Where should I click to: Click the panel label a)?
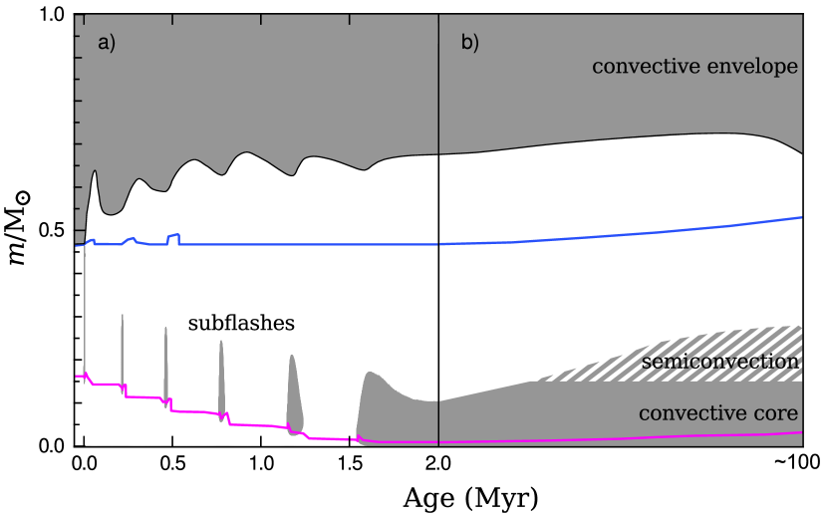(107, 43)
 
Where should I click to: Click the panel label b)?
(469, 43)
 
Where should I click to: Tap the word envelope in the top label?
(759, 67)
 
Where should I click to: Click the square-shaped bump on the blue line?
(174, 238)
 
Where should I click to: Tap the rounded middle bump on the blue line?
(131, 240)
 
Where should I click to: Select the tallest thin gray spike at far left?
(85, 309)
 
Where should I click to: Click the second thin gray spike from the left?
(123, 354)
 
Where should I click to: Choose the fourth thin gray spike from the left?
(221, 379)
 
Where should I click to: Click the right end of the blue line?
(800, 217)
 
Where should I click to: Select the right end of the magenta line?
(800, 432)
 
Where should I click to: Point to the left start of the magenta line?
(78, 376)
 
